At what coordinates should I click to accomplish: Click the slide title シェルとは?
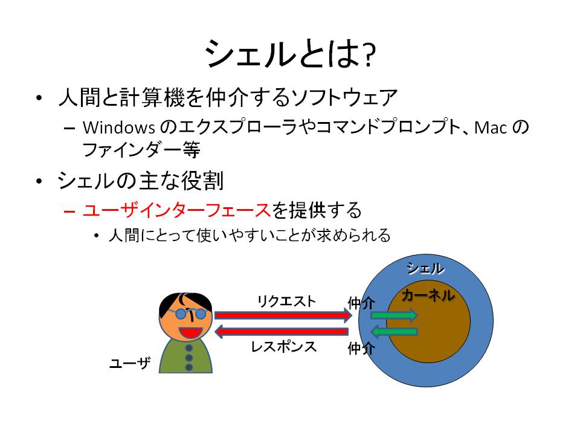click(x=291, y=54)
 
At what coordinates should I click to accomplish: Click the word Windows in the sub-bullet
click(x=119, y=127)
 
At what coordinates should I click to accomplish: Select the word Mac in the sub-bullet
click(x=490, y=128)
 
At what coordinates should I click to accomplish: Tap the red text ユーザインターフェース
click(x=177, y=210)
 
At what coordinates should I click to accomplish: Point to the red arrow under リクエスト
click(x=283, y=315)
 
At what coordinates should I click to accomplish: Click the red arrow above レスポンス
click(x=282, y=332)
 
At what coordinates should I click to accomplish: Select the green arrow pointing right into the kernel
click(x=395, y=315)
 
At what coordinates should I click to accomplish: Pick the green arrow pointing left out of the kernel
click(x=395, y=332)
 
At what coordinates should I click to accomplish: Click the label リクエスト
click(x=286, y=301)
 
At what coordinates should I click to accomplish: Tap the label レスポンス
click(x=284, y=347)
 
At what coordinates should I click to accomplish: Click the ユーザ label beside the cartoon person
click(x=130, y=363)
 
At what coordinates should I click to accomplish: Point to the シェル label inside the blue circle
click(x=425, y=268)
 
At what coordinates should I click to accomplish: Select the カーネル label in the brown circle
click(x=428, y=295)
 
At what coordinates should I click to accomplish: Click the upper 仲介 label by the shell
click(x=361, y=303)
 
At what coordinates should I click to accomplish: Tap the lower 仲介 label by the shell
click(x=361, y=348)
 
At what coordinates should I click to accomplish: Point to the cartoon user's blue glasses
click(x=190, y=314)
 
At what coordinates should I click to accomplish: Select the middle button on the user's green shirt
click(x=189, y=358)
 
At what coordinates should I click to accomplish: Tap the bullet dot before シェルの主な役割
click(x=39, y=181)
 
